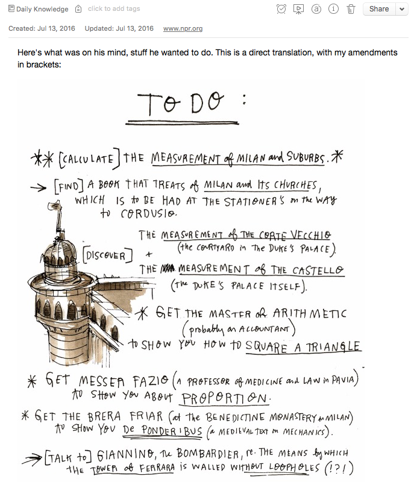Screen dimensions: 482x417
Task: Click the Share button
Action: click(379, 9)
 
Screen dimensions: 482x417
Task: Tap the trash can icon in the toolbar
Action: click(351, 9)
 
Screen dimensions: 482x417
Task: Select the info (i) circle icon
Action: click(333, 9)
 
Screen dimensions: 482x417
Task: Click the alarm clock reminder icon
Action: click(281, 9)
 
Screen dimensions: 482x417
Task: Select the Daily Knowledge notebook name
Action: click(42, 9)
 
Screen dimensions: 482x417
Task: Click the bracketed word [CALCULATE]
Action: click(88, 159)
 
